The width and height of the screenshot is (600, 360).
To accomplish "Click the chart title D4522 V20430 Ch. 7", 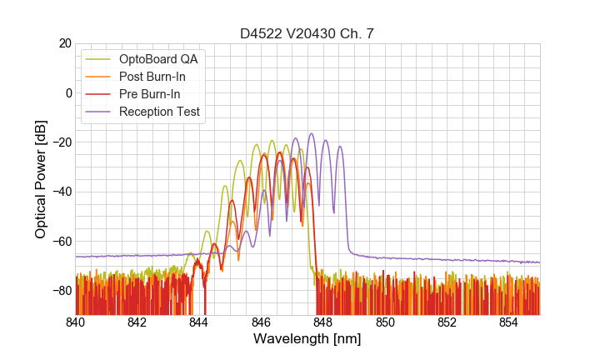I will tap(307, 33).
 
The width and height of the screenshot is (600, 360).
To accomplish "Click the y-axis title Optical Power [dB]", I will tap(41, 179).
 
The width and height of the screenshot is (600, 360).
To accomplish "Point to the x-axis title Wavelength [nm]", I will tap(307, 339).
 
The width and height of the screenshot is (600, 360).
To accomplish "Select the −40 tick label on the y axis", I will tap(61, 192).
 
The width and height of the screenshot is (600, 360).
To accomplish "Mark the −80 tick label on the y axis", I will tap(61, 291).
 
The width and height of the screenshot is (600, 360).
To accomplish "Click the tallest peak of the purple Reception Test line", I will tap(312, 133).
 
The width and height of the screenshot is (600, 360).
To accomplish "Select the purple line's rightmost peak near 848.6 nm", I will tap(340, 146).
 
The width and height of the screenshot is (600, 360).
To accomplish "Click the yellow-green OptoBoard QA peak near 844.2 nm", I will tap(207, 231).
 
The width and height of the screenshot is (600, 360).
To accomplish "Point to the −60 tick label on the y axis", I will tap(61, 242).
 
